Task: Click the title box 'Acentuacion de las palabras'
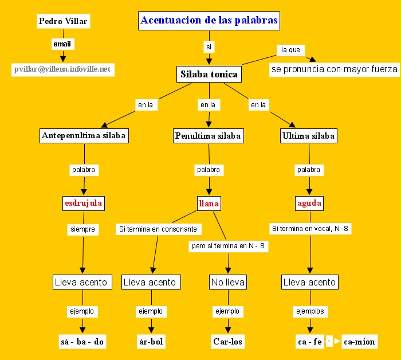pos(209,21)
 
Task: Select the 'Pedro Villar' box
pos(63,21)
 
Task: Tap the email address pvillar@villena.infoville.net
pos(62,69)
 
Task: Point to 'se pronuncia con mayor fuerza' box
pos(334,69)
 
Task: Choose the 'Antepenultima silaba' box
pos(84,136)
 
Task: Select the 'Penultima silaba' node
pos(209,136)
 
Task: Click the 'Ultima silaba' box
pos(309,136)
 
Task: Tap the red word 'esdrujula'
pos(84,203)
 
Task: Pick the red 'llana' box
pos(209,203)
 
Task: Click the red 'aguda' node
pos(309,203)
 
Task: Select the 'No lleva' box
pos(228,282)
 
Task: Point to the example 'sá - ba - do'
pos(82,342)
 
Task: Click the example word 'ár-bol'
pos(151,342)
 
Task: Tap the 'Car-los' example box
pos(228,342)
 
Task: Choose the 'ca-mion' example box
pos(359,342)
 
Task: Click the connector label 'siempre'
pos(81,229)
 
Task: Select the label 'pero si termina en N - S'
pos(229,246)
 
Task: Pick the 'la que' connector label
pos(290,50)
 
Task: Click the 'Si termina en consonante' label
pos(158,229)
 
